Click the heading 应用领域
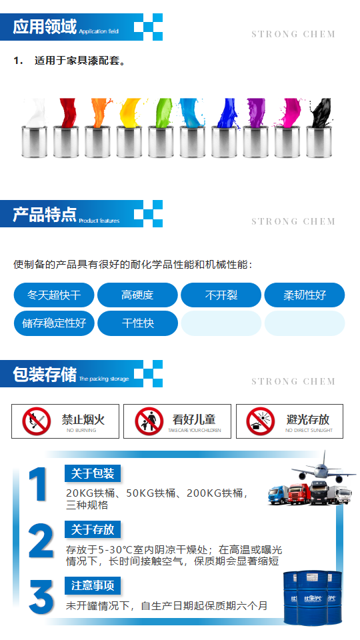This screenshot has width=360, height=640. (x=45, y=27)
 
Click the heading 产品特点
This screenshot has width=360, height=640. (x=45, y=215)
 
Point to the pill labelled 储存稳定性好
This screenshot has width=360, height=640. (x=54, y=323)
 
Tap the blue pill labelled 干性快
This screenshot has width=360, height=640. (x=137, y=323)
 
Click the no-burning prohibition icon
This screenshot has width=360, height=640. (x=37, y=421)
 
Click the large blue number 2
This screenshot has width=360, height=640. (x=41, y=541)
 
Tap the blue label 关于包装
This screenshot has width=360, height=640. (x=93, y=474)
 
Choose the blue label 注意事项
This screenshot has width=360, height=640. (x=93, y=586)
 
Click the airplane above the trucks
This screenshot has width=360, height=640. (x=323, y=467)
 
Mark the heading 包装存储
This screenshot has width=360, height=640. (x=45, y=375)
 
